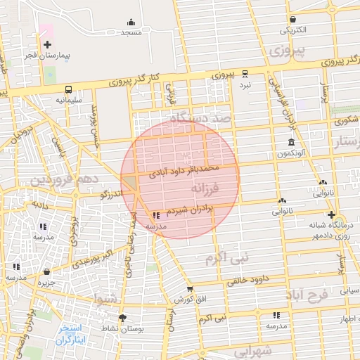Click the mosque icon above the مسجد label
pos(131,22)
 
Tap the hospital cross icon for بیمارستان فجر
pos(47,44)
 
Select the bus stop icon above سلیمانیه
pos(68,89)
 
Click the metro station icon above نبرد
pos(245,73)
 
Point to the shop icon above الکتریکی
pos(292,19)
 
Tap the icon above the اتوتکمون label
pos(291,142)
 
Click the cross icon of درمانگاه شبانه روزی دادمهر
pos(331,214)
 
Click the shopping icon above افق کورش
pos(189,288)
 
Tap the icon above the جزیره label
pos(46,271)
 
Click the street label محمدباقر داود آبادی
pos(185,169)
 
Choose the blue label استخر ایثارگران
pos(70,333)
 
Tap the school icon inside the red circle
pos(155,216)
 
